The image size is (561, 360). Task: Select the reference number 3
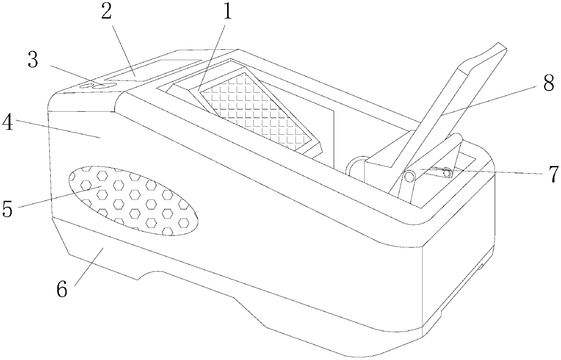tap(33, 61)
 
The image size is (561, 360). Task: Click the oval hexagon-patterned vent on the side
tap(131, 199)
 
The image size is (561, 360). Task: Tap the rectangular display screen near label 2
tap(154, 70)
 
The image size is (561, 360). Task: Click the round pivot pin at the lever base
tap(410, 176)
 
